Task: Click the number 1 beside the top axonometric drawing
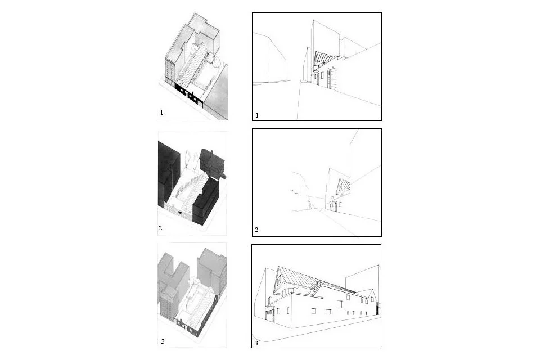click(x=161, y=112)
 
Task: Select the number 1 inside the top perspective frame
click(x=257, y=115)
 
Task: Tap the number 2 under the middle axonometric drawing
click(x=160, y=229)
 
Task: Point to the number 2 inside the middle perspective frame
click(x=256, y=230)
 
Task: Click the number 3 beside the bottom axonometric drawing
click(x=162, y=341)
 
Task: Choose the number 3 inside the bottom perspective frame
click(x=256, y=343)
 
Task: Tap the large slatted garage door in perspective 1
click(x=333, y=79)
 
